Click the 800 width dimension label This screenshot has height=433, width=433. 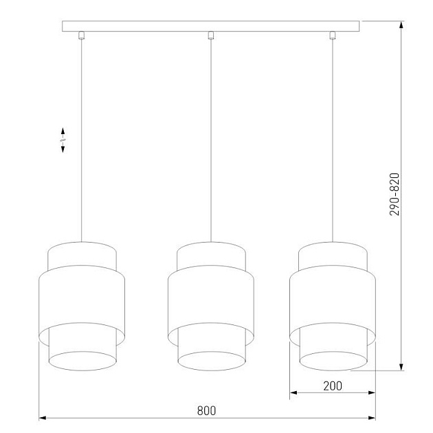[x=206, y=410]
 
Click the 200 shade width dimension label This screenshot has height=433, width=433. [x=332, y=386]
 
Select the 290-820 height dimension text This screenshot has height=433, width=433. [x=395, y=194]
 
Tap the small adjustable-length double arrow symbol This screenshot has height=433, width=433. [x=63, y=140]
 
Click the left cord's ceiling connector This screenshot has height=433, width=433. [x=82, y=36]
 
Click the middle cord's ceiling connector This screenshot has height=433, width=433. [x=211, y=36]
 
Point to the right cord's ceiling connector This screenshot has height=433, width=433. [x=332, y=36]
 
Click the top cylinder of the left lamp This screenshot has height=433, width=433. [x=82, y=256]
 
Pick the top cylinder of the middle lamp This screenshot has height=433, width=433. [x=211, y=256]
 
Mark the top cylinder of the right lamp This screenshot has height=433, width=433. [x=332, y=256]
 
